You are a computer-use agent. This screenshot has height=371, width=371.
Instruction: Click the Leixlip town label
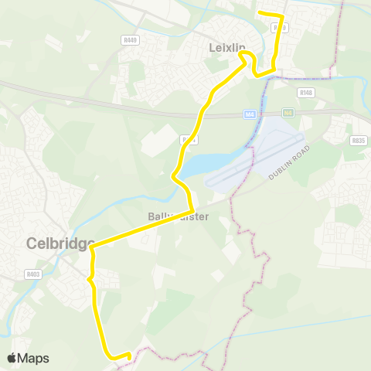(x=227, y=48)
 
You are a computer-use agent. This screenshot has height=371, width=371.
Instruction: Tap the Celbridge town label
(x=60, y=242)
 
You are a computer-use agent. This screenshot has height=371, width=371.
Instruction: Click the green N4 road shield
(x=288, y=113)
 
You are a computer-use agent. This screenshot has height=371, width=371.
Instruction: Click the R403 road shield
(x=33, y=273)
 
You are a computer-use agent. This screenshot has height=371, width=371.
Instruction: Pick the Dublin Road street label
(x=289, y=162)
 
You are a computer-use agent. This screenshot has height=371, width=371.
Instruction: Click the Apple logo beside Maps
(x=12, y=358)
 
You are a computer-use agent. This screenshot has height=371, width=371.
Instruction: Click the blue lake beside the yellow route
(x=198, y=164)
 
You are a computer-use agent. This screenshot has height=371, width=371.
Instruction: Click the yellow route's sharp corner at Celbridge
(x=92, y=247)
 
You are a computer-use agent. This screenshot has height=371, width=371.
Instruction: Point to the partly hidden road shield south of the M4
(x=186, y=140)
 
